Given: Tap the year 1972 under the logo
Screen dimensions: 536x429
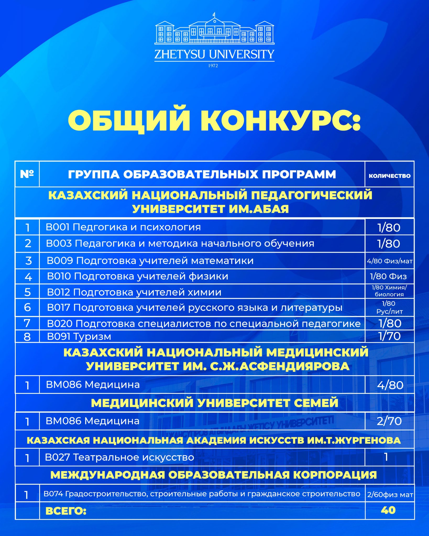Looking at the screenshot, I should coord(213,66).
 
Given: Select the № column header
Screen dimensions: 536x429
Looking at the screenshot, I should coord(27,174).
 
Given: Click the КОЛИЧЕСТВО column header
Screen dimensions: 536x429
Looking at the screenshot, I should coord(389,176).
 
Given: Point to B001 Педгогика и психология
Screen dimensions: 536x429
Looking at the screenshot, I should coord(123,227).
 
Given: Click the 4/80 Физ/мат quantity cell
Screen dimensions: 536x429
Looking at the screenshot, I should coord(389,261).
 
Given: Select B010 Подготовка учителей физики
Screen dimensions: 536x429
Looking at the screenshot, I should coord(137,276).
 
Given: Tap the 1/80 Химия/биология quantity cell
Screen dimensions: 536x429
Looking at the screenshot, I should coord(389,291).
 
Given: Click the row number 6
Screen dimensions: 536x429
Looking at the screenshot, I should coord(27,307).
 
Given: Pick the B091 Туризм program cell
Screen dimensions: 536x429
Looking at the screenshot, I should coord(79,336).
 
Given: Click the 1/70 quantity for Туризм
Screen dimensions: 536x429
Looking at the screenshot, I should coord(389,336).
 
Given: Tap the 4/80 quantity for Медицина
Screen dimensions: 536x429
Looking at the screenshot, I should coord(390,385).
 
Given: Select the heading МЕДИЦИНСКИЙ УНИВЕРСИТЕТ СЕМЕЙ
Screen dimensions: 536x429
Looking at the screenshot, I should coord(214,403).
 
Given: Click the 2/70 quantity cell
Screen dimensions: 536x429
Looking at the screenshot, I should coord(389,421).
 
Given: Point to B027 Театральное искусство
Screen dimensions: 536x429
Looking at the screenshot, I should coord(119,457).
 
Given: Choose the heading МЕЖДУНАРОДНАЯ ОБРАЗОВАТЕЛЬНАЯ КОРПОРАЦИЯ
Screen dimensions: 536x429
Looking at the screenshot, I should coord(213,475).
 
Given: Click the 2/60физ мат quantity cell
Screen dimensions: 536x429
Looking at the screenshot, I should coord(390,494).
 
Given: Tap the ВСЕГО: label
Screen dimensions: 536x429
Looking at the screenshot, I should coord(66,511).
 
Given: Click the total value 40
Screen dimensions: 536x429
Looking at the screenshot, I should coord(388,510).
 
